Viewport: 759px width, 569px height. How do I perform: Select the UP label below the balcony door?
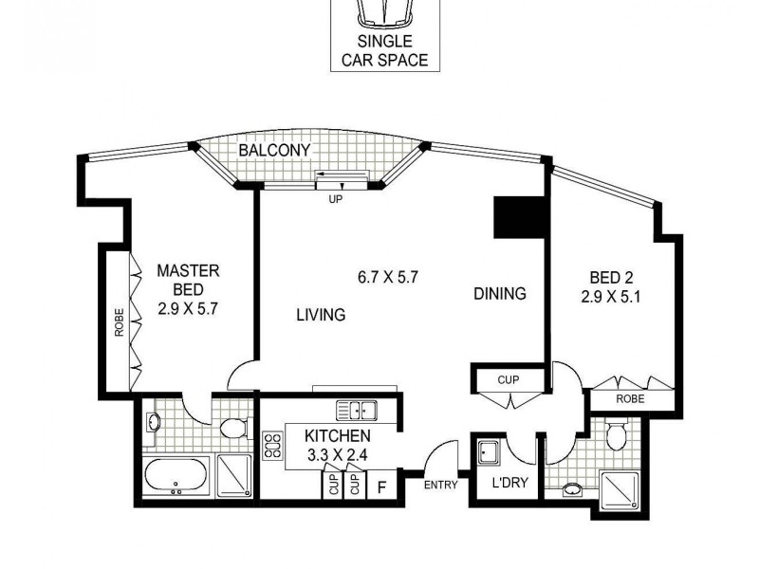pos(335,200)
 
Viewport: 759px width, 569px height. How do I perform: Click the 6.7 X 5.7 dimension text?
pos(388,278)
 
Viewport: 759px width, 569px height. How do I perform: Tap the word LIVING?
pos(320,315)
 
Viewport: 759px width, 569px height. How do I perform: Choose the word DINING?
pos(499,294)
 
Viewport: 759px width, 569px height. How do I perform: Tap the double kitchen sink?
pos(356,411)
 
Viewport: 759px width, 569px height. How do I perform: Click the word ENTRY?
pos(441,485)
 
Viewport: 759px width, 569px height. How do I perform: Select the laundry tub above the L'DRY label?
pos(490,452)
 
